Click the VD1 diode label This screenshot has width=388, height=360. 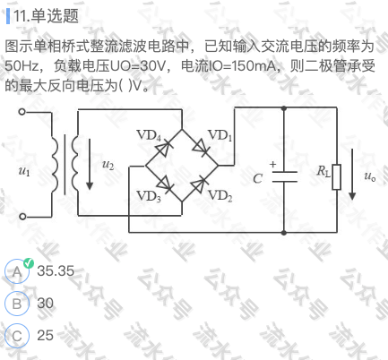point(220,135)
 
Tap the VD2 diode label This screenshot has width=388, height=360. point(220,196)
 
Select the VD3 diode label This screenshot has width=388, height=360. point(149,197)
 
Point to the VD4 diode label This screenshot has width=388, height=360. point(149,135)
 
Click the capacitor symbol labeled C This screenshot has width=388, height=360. point(284,176)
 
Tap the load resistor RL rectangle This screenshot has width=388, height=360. point(337,176)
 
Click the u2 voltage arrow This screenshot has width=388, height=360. point(90,164)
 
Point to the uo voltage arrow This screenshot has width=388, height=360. point(352,174)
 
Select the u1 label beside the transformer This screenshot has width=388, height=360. point(24,171)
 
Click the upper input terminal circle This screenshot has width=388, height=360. point(22,112)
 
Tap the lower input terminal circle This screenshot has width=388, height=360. point(22,217)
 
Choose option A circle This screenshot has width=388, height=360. point(17,271)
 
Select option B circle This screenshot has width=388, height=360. point(17,304)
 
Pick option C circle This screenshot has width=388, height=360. point(17,336)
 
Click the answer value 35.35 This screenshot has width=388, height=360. point(56,270)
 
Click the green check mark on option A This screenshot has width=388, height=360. point(29,263)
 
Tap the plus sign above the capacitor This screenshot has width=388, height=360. point(272,164)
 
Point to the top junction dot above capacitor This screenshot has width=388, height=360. point(284,107)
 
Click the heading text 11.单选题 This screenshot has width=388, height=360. point(46,16)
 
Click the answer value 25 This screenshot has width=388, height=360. point(46,335)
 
